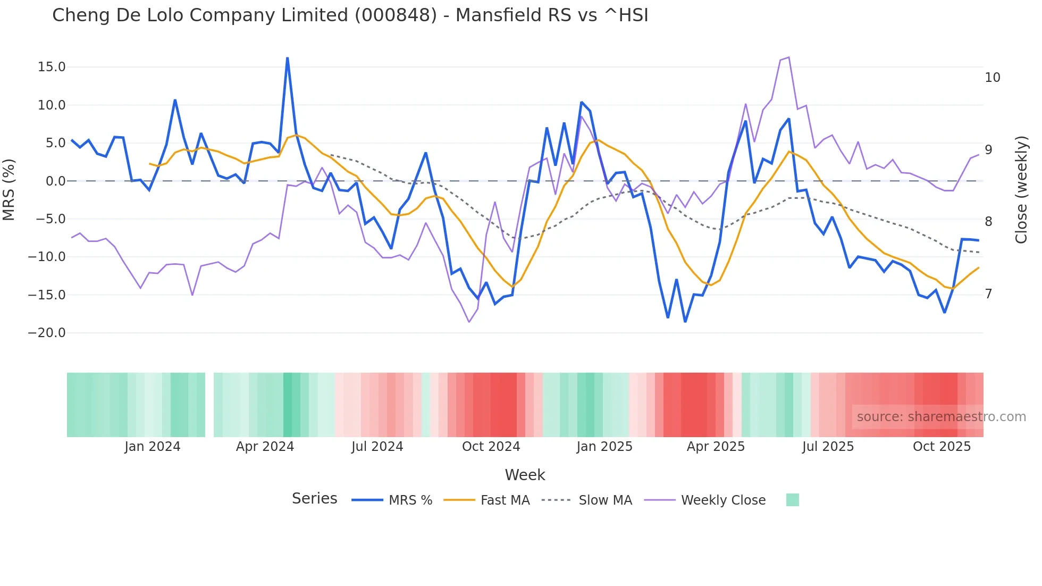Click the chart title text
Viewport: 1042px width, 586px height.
click(350, 15)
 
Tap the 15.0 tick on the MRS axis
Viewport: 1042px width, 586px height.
click(51, 67)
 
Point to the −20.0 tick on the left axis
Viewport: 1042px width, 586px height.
click(47, 333)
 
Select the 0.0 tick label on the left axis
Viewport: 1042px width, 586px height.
click(55, 181)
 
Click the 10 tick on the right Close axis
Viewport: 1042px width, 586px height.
click(992, 78)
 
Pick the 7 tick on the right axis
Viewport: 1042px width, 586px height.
click(988, 294)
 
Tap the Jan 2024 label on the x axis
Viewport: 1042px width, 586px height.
click(152, 447)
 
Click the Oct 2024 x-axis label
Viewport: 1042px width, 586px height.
click(491, 447)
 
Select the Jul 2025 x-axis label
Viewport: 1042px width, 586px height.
click(828, 447)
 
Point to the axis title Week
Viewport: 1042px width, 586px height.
click(525, 475)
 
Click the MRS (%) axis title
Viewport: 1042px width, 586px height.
click(9, 189)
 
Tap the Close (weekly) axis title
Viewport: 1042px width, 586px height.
click(1021, 189)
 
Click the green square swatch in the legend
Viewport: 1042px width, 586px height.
click(792, 500)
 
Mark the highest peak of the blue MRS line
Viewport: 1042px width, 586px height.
click(288, 58)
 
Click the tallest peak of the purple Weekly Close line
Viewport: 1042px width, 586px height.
click(789, 57)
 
